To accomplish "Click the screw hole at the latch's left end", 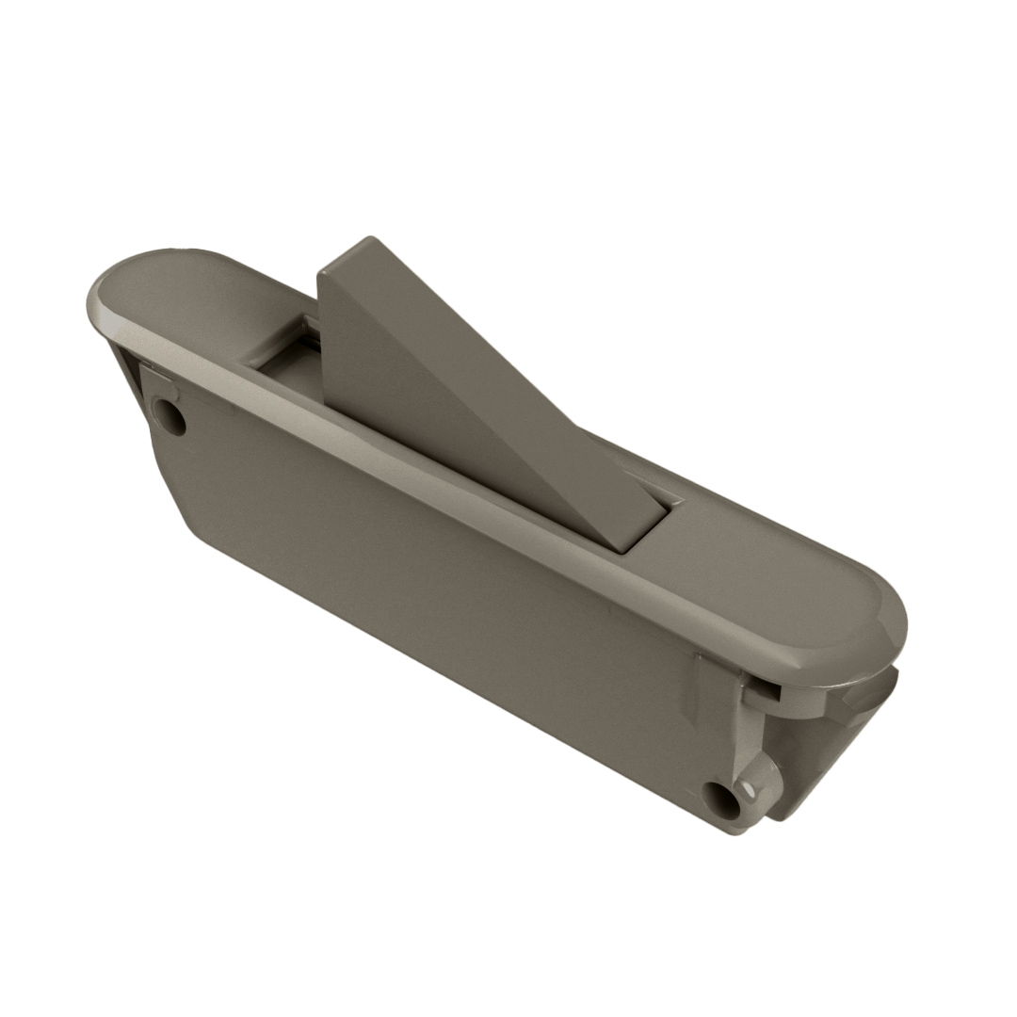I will pyautogui.click(x=169, y=416).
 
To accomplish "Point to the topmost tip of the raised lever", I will pyautogui.click(x=369, y=240).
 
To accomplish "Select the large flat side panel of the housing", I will pyautogui.click(x=424, y=565).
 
